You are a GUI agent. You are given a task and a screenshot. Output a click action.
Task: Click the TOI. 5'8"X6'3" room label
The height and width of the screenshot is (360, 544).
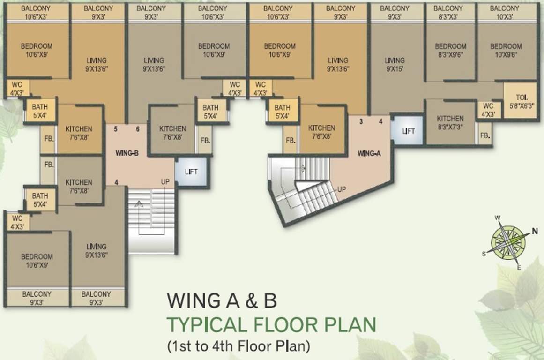521,101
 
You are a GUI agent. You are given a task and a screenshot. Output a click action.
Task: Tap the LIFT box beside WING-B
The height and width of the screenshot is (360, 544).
191,172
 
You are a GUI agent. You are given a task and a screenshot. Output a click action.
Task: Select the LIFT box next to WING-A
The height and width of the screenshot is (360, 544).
408,131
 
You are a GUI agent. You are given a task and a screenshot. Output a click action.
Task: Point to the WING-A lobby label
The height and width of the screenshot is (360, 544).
369,153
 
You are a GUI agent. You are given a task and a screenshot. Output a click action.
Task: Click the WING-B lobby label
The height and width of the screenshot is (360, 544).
127,153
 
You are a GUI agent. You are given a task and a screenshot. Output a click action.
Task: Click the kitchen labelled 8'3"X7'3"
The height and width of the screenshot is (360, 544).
450,122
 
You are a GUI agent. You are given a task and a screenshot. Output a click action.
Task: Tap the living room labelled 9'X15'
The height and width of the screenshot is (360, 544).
395,65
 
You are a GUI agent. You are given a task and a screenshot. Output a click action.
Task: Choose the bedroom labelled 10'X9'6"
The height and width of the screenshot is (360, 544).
506,50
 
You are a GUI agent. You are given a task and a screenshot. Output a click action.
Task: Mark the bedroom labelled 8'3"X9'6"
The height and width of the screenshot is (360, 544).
450,50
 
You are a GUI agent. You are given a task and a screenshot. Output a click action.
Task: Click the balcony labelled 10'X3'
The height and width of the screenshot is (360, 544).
505,12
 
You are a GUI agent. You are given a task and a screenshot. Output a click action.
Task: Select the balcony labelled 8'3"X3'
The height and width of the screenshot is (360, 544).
448,12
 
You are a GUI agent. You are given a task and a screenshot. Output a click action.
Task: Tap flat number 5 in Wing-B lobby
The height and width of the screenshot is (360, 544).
116,129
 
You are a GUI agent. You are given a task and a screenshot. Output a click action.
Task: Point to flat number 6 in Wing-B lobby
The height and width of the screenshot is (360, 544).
138,129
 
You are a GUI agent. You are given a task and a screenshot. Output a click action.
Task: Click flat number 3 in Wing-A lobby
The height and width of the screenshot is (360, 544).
361,121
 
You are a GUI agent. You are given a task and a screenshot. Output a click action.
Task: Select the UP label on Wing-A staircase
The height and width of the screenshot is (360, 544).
342,189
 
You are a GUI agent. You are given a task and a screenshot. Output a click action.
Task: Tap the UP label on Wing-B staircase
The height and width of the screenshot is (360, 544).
165,181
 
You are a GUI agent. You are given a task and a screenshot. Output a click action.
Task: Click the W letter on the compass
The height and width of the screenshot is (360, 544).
498,218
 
